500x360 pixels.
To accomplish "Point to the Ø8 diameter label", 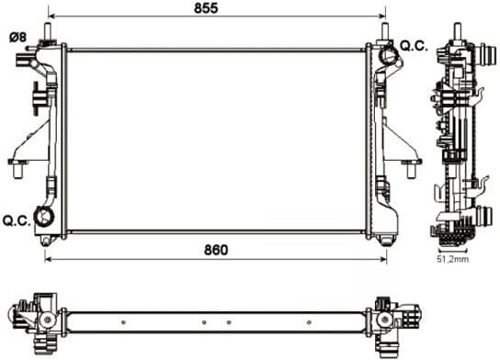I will (x=18, y=37).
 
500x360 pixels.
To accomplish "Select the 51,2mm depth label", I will (x=452, y=259).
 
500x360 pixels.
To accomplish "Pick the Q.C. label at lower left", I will (x=17, y=220).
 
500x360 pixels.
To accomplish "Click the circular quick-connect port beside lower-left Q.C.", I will (x=43, y=218).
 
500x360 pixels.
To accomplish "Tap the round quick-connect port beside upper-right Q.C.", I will (x=388, y=58).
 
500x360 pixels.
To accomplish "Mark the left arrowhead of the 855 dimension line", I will (x=51, y=17).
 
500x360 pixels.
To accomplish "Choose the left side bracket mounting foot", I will (x=21, y=163).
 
